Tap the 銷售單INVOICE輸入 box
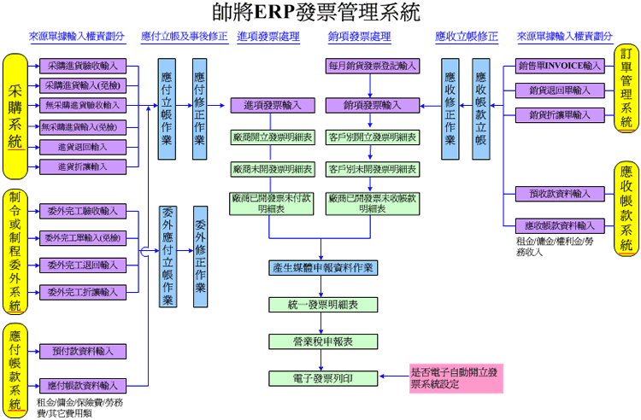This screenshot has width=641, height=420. tap(560, 66)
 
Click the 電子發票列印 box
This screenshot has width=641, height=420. tap(322, 376)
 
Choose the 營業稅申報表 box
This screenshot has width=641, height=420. tap(322, 341)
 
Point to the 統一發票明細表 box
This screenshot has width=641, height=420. tap(322, 304)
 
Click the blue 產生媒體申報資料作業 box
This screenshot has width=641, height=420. tap(322, 268)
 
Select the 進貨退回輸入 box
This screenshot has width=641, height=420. tap(82, 147)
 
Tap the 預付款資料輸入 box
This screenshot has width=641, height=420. tap(82, 350)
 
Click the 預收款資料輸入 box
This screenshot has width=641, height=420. tap(560, 194)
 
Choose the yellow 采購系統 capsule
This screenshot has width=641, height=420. tap(15, 105)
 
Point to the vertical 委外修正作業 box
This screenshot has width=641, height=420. tap(200, 257)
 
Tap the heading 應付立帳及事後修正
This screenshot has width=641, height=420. tap(184, 37)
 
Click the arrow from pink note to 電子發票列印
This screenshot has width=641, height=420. tap(391, 376)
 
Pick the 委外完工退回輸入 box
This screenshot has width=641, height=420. tap(82, 265)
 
